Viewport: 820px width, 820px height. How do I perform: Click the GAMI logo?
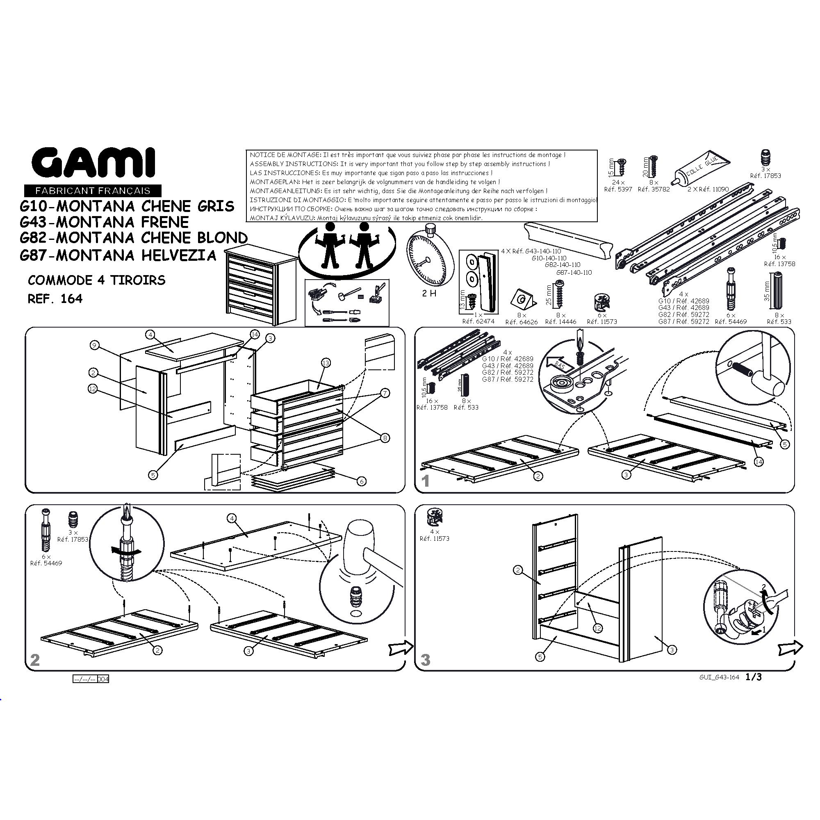click(x=93, y=163)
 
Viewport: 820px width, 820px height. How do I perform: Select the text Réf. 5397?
click(x=618, y=189)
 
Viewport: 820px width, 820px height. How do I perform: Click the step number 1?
click(x=426, y=481)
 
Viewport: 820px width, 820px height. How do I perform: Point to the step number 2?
click(x=35, y=660)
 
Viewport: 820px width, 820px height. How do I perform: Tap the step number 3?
click(x=425, y=660)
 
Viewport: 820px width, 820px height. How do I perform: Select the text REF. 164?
click(x=55, y=299)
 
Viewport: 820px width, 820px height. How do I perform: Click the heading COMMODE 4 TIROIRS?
click(x=97, y=280)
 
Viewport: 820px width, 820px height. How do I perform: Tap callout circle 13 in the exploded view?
click(x=326, y=363)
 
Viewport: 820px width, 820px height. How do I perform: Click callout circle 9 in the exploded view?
click(x=94, y=346)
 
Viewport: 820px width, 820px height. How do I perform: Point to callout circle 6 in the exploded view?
click(x=361, y=481)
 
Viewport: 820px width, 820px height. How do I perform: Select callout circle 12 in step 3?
click(x=598, y=628)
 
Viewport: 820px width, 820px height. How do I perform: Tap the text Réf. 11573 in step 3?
click(x=434, y=539)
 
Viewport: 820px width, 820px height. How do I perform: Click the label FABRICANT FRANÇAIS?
click(x=93, y=191)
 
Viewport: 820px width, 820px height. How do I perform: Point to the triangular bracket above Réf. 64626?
click(x=522, y=300)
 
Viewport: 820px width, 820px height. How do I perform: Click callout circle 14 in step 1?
click(x=758, y=462)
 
